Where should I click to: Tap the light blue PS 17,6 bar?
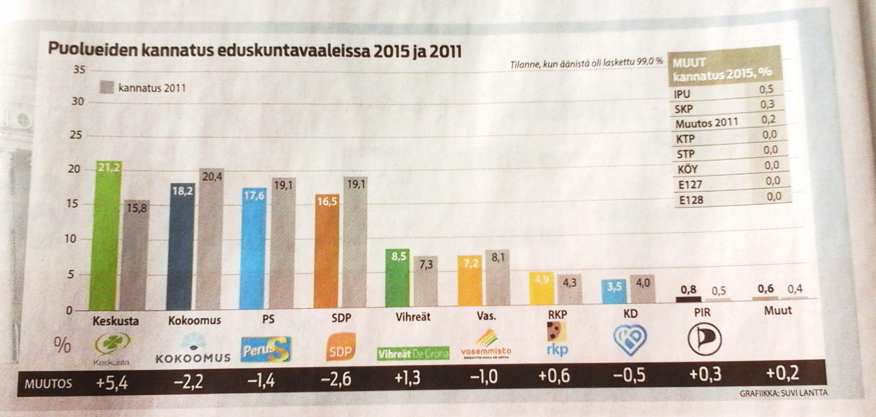click(x=255, y=248)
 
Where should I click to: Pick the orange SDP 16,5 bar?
click(x=327, y=251)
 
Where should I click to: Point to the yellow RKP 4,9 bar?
click(x=542, y=288)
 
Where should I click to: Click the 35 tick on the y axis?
click(x=79, y=70)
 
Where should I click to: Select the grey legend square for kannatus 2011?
click(x=107, y=88)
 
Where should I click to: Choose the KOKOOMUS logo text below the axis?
click(x=193, y=358)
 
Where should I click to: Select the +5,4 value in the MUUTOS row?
click(x=112, y=383)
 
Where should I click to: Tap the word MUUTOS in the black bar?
click(x=48, y=384)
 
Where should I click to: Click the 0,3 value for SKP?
click(x=767, y=104)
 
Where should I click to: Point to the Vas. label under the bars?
click(x=486, y=316)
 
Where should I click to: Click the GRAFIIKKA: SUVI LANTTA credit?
click(x=783, y=393)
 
